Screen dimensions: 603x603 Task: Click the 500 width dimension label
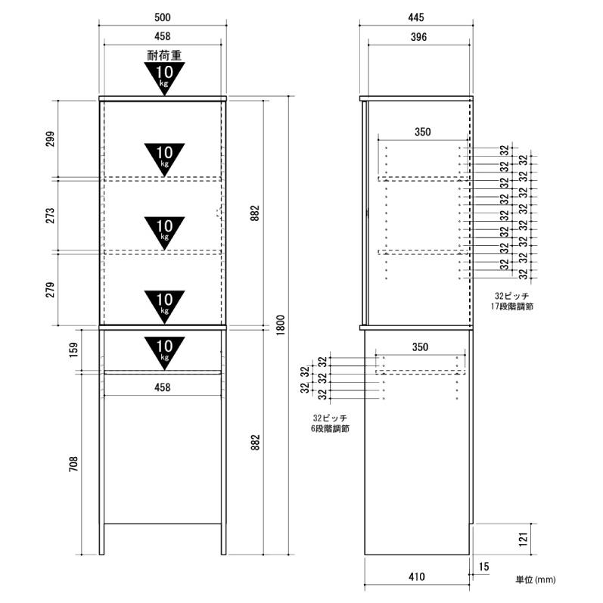(x=162, y=17)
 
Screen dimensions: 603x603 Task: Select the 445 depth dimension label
(x=416, y=17)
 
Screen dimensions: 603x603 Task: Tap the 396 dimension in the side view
(x=418, y=37)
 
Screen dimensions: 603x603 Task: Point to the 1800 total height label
(x=281, y=325)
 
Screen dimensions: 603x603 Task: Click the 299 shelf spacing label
(x=51, y=139)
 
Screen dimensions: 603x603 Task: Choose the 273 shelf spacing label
(x=51, y=216)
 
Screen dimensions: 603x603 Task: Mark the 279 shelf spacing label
(x=51, y=290)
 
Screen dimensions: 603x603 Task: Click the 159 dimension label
(x=73, y=350)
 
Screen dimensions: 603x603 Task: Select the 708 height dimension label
(x=73, y=465)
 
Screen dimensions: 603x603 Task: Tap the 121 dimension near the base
(x=523, y=539)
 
